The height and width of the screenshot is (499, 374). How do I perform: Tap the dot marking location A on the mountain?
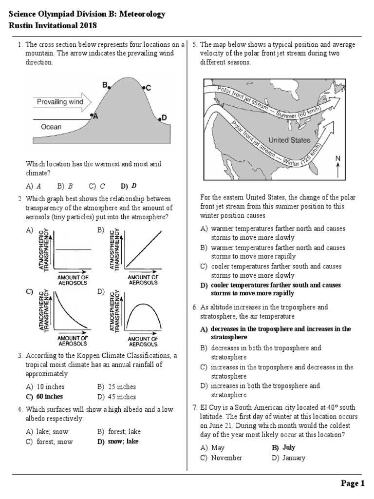tap(93, 115)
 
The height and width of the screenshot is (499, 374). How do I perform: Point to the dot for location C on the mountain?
tap(144, 88)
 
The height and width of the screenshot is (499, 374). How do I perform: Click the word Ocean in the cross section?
tap(51, 127)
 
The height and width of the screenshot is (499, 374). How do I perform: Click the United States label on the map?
tap(289, 140)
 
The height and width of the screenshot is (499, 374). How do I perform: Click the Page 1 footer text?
tap(353, 483)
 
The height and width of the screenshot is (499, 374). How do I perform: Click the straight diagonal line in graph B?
tap(144, 249)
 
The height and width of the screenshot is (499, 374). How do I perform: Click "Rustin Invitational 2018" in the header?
tap(53, 25)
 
